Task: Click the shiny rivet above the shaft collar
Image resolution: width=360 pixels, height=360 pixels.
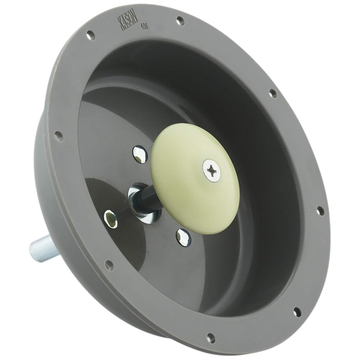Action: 139,154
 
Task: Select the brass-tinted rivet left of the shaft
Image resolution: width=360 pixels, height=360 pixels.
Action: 111,219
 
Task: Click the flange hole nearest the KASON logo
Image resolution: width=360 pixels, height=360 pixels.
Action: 90,36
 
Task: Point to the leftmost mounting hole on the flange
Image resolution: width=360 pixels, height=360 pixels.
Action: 57,135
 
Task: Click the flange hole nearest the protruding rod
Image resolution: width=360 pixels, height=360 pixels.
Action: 109,265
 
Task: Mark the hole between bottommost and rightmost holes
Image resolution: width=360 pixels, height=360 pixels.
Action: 297,311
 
